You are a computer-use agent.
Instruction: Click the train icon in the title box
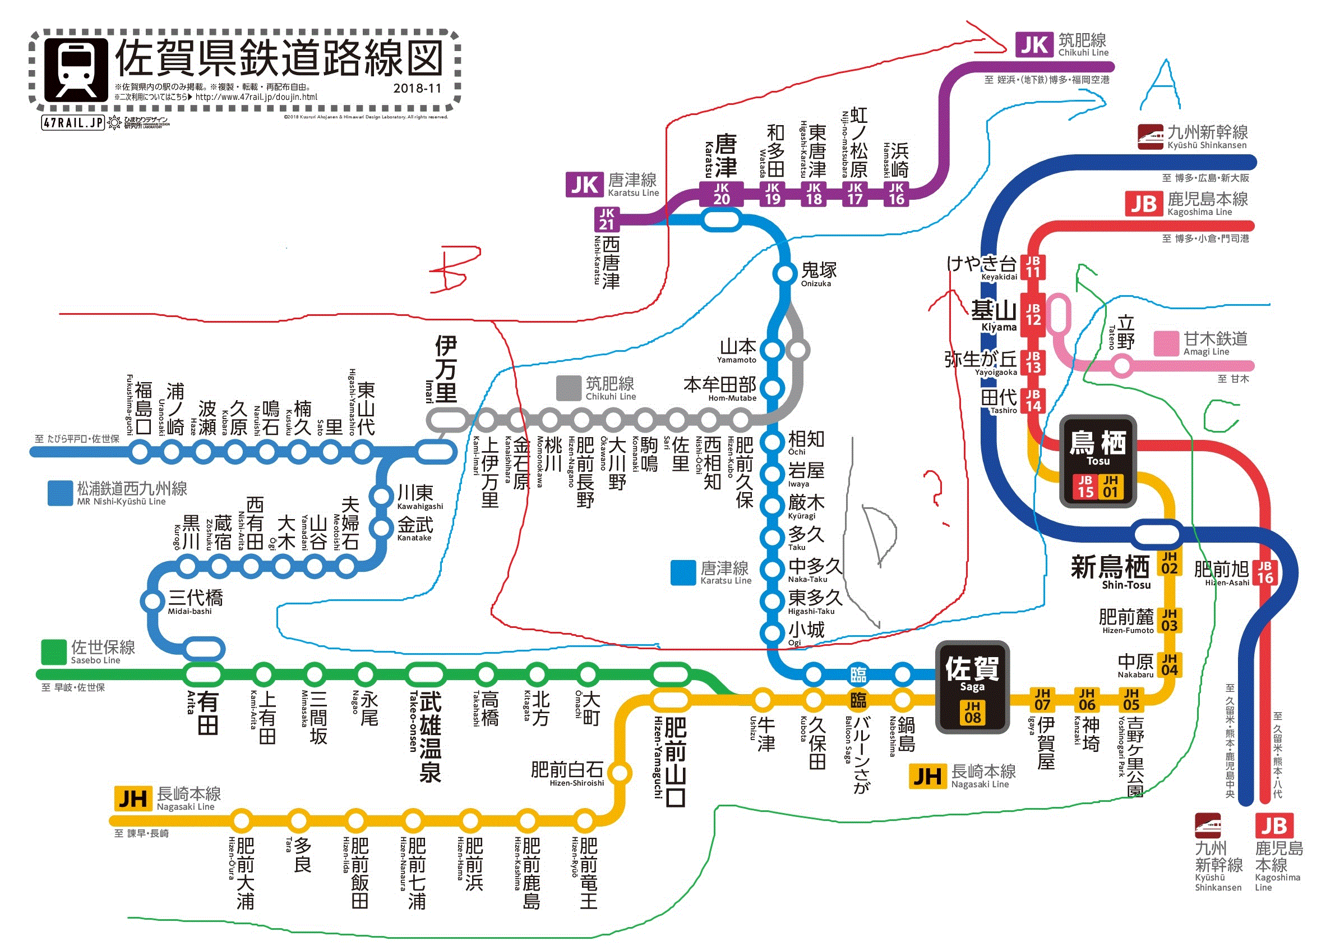[76, 70]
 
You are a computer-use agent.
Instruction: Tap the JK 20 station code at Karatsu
[721, 194]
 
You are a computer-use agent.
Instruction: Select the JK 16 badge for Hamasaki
[897, 194]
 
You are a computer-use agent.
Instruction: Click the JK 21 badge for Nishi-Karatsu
[607, 219]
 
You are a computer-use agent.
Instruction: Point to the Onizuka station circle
[784, 272]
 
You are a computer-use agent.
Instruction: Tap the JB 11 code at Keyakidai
[1033, 267]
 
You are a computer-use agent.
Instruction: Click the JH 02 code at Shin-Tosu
[1169, 563]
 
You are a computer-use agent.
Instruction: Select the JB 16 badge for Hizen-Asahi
[1265, 572]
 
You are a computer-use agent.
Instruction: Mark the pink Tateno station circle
[1121, 366]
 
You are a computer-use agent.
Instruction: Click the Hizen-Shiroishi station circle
[620, 773]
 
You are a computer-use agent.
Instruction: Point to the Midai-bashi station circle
[153, 600]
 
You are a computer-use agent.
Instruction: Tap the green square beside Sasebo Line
[53, 652]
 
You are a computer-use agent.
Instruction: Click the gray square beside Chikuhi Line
[569, 388]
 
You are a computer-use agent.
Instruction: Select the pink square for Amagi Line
[1166, 343]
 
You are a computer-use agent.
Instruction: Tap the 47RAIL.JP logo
[73, 123]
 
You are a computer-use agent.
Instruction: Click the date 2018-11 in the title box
[417, 89]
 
